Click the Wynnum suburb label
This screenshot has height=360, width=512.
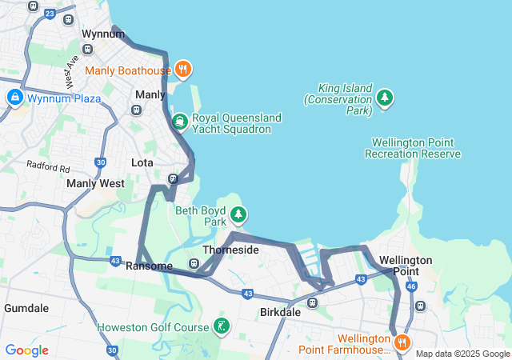click(103, 34)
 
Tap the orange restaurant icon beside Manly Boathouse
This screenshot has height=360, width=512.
click(183, 70)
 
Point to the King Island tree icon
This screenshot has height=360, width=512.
click(386, 98)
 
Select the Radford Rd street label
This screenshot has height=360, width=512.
click(48, 167)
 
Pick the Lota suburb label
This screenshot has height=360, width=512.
click(142, 162)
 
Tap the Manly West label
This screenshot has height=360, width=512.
click(95, 183)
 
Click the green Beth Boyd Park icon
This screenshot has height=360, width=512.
click(238, 214)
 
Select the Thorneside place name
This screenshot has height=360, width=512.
click(230, 250)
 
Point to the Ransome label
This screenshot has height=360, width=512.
click(149, 266)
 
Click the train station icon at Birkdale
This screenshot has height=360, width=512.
click(312, 303)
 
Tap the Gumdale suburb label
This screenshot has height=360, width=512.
click(26, 307)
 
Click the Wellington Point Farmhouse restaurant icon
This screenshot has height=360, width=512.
click(402, 342)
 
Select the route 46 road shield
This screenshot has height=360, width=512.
click(411, 285)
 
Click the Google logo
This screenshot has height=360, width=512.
click(26, 350)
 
